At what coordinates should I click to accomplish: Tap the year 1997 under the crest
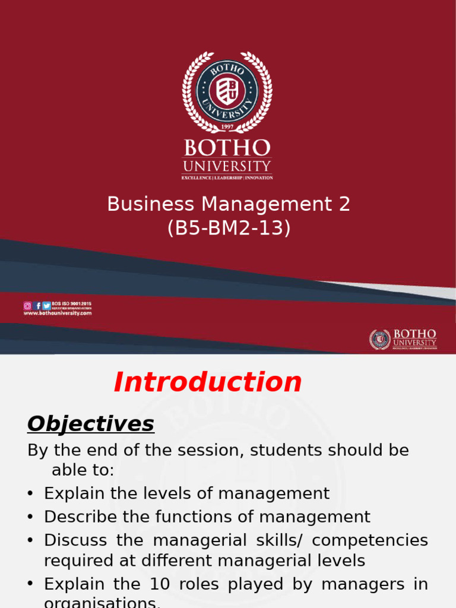coord(227,127)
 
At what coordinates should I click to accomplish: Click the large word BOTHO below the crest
coord(227,148)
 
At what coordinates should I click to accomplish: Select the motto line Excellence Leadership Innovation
coord(227,177)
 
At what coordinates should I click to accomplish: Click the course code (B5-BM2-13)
coord(229,229)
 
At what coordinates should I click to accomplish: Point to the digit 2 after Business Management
coord(344,204)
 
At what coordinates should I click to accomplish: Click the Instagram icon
coord(27,306)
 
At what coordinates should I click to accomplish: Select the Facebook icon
coord(38,306)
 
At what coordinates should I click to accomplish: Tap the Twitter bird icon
coord(46,306)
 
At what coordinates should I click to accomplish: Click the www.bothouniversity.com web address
coord(58,313)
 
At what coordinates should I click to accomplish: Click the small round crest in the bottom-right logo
coord(380,340)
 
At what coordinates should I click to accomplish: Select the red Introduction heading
coord(208,382)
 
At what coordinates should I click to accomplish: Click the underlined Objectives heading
coord(91,424)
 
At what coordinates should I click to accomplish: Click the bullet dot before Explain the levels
coord(31,494)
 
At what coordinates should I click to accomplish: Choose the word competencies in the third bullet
coord(370,540)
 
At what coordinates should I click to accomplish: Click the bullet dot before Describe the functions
coord(31,517)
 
